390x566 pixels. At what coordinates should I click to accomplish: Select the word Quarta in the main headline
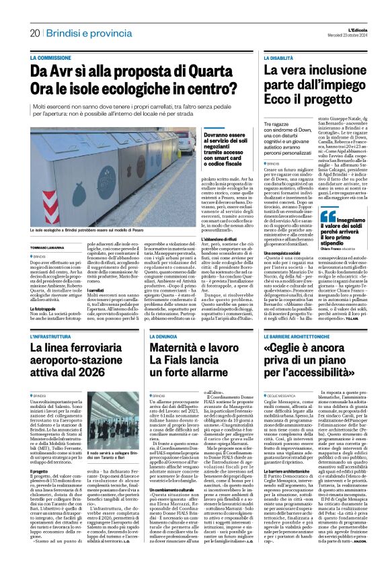click(204, 69)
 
